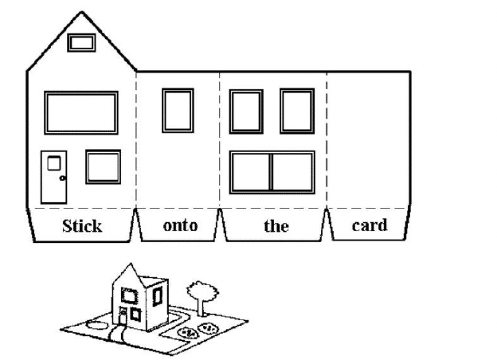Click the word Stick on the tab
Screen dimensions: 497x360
(82, 225)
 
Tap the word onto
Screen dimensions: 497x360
(179, 225)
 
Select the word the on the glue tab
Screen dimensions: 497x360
(276, 225)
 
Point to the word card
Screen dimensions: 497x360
(370, 225)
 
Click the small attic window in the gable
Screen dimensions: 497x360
(81, 42)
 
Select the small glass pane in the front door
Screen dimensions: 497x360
(54, 163)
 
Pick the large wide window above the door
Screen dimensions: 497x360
(80, 112)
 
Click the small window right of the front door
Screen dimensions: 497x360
(103, 167)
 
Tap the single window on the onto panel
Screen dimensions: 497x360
(178, 110)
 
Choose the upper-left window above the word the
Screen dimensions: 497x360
(246, 112)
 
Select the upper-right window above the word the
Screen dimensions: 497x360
(297, 112)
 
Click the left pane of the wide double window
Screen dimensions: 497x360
(251, 172)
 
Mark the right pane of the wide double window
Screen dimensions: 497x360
(292, 172)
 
